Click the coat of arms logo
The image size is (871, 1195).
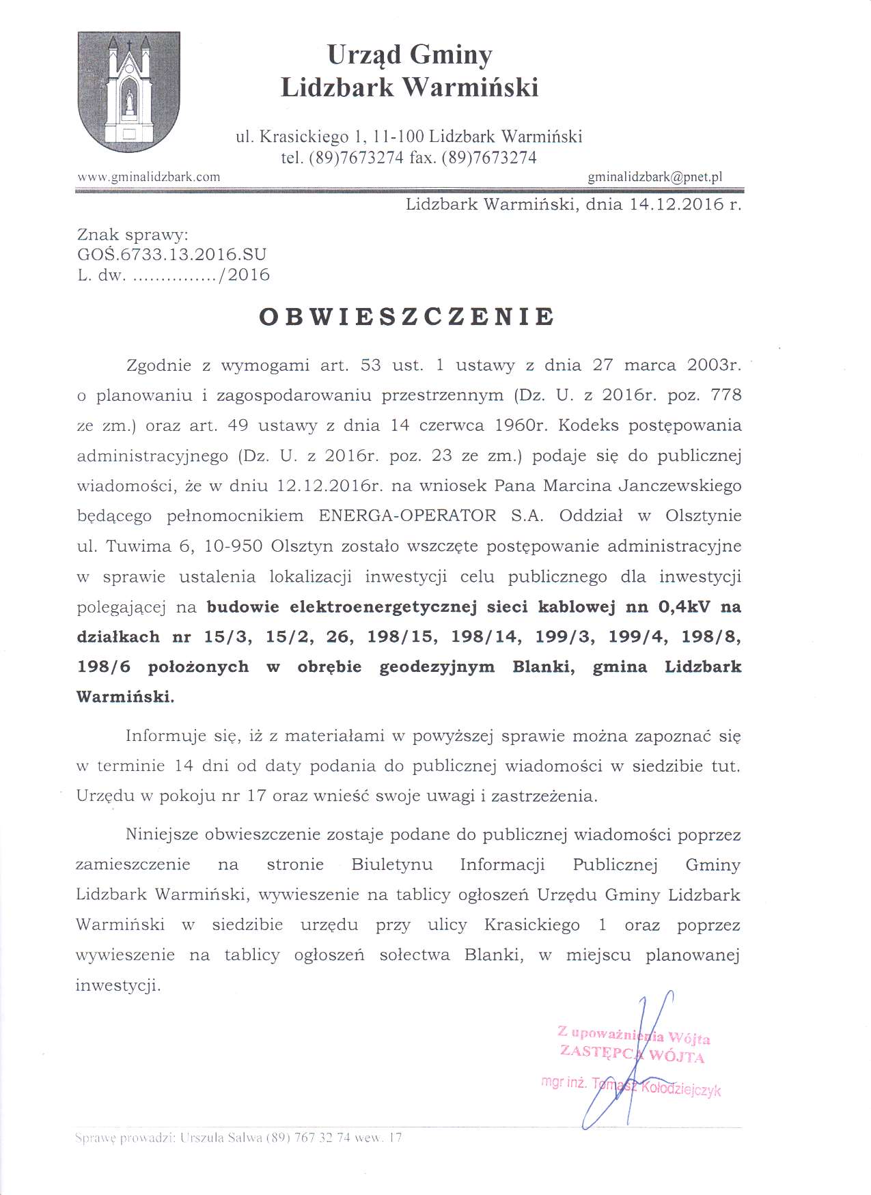point(129,92)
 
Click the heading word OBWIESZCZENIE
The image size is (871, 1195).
point(407,317)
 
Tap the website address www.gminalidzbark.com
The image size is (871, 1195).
point(149,177)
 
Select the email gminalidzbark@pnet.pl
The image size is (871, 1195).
point(654,177)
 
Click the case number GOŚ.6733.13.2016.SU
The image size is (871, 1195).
point(171,255)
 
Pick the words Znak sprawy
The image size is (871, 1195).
point(133,235)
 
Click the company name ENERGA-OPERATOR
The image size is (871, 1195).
point(407,516)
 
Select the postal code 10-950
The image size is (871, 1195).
point(238,546)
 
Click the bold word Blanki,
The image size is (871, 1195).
point(543,666)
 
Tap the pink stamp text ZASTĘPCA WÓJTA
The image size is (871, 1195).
point(632,1054)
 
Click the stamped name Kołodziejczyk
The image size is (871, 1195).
point(680,1088)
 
